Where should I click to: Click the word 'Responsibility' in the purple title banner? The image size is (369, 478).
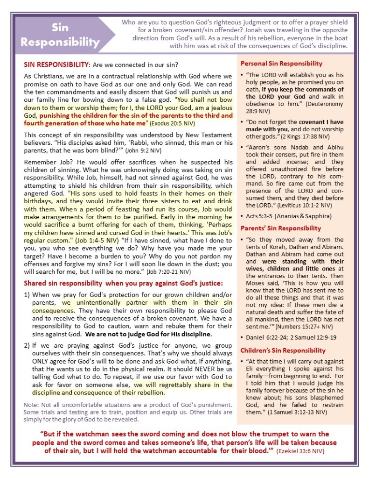[60, 42]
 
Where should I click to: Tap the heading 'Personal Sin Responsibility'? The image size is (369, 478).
[281, 64]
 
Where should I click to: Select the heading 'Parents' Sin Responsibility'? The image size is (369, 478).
[280, 228]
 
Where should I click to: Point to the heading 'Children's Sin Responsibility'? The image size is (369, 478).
[283, 350]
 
